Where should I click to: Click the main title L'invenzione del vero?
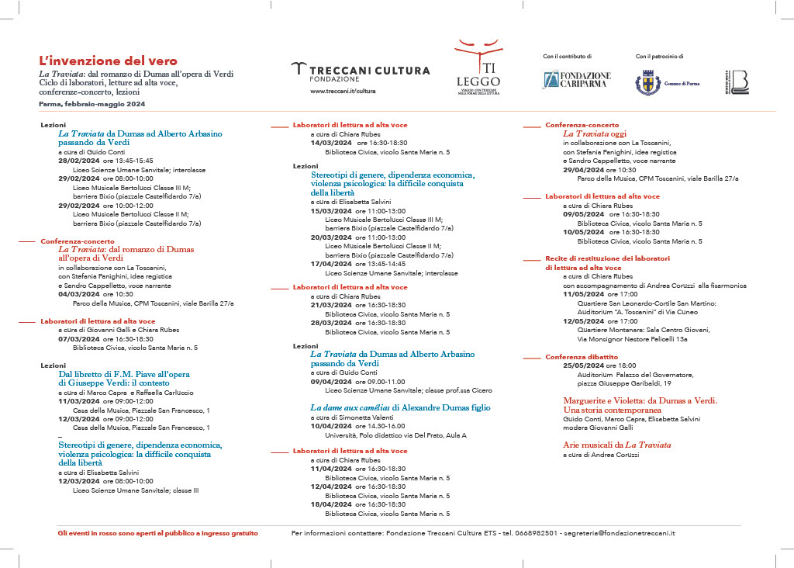point(109,61)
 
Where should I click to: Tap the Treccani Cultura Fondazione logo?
point(360,72)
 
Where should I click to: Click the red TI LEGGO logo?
point(478,67)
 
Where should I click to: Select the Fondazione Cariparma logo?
point(576,80)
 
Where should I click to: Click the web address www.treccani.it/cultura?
point(342,91)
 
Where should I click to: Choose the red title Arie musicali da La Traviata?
point(616,445)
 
